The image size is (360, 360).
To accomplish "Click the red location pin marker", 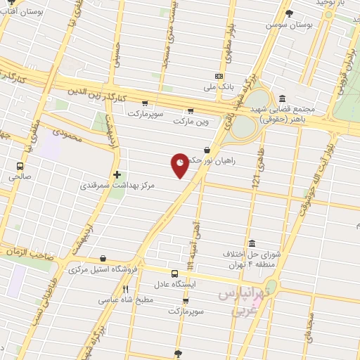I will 181,165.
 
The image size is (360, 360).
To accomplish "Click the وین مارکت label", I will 191,121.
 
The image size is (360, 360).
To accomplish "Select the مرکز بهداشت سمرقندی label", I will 117,186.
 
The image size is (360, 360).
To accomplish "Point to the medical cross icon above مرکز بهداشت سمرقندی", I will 117,174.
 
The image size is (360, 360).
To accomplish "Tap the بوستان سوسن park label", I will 288,25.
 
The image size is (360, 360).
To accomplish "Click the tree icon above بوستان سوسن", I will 289,13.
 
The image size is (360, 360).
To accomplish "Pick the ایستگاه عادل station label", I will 175,284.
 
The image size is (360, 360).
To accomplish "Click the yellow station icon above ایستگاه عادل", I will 175,273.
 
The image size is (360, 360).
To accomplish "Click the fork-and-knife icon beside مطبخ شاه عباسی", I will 125,288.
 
